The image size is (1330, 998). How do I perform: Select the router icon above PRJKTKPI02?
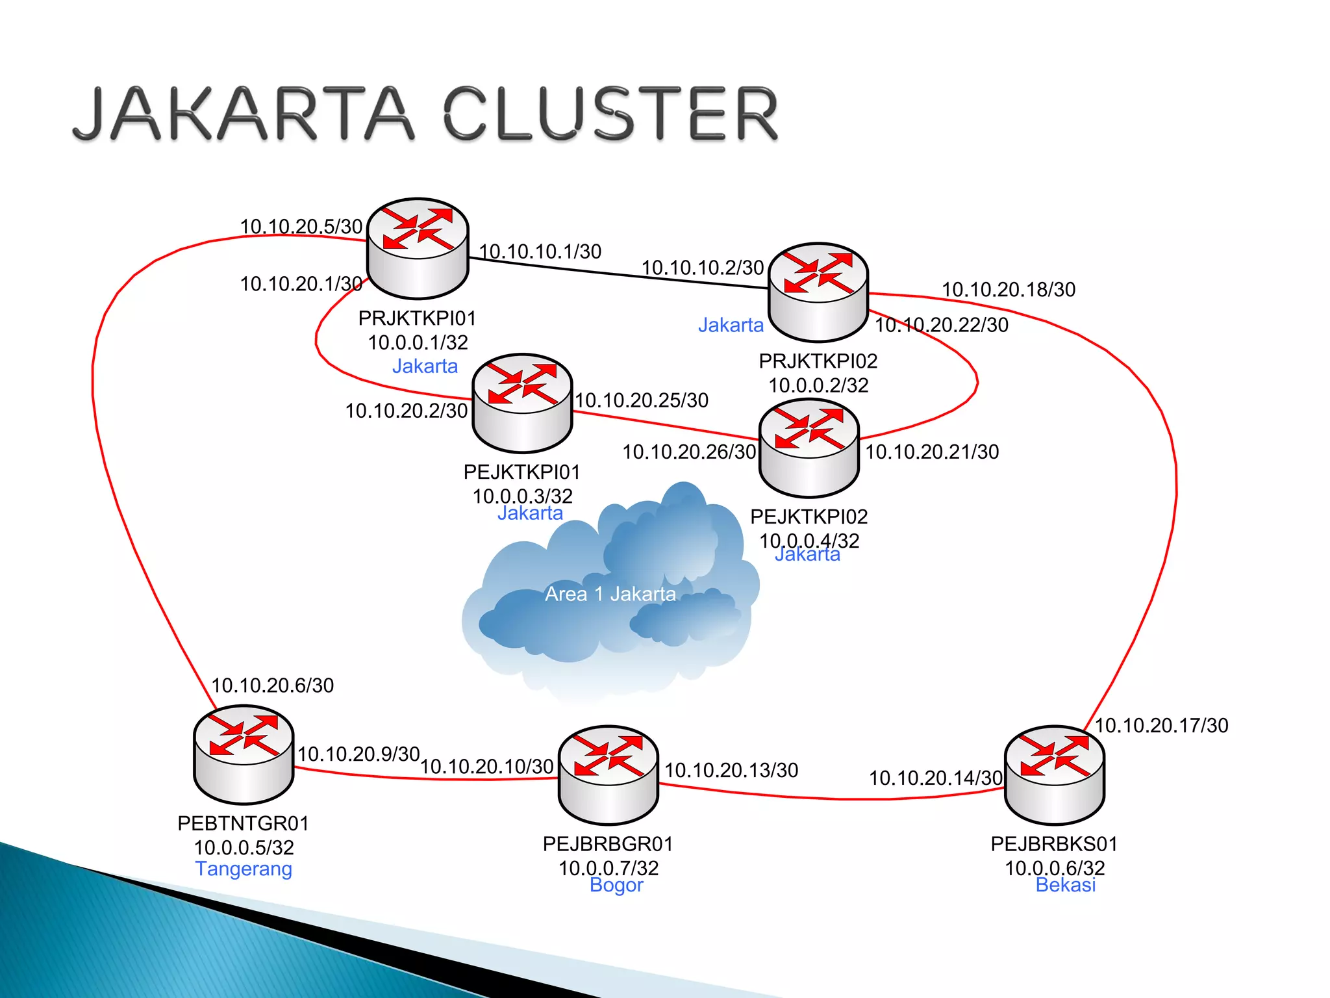(x=818, y=292)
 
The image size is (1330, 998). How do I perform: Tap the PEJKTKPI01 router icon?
(x=522, y=402)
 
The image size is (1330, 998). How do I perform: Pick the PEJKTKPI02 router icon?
(x=809, y=448)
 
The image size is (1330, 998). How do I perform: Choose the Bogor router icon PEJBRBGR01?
(x=609, y=774)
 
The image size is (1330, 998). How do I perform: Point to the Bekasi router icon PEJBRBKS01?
(x=1055, y=774)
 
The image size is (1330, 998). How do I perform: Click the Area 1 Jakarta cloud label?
(x=610, y=594)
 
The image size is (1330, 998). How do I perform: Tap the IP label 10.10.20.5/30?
(x=301, y=227)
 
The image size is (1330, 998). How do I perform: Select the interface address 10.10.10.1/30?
(x=540, y=251)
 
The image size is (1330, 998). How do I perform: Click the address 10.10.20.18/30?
(x=1009, y=290)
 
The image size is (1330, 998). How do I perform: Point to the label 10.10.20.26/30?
(x=689, y=452)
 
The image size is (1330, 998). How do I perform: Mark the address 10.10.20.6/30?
(x=273, y=685)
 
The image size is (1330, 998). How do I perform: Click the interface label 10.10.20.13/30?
(x=731, y=771)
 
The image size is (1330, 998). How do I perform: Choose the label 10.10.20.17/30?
(x=1162, y=726)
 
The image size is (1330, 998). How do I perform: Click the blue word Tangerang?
(x=244, y=869)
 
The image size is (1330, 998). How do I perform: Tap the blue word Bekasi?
(x=1066, y=885)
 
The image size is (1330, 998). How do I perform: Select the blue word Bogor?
(x=616, y=885)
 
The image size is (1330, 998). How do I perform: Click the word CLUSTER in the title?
(x=611, y=114)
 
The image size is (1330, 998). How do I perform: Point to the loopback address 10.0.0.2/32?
(x=818, y=385)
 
